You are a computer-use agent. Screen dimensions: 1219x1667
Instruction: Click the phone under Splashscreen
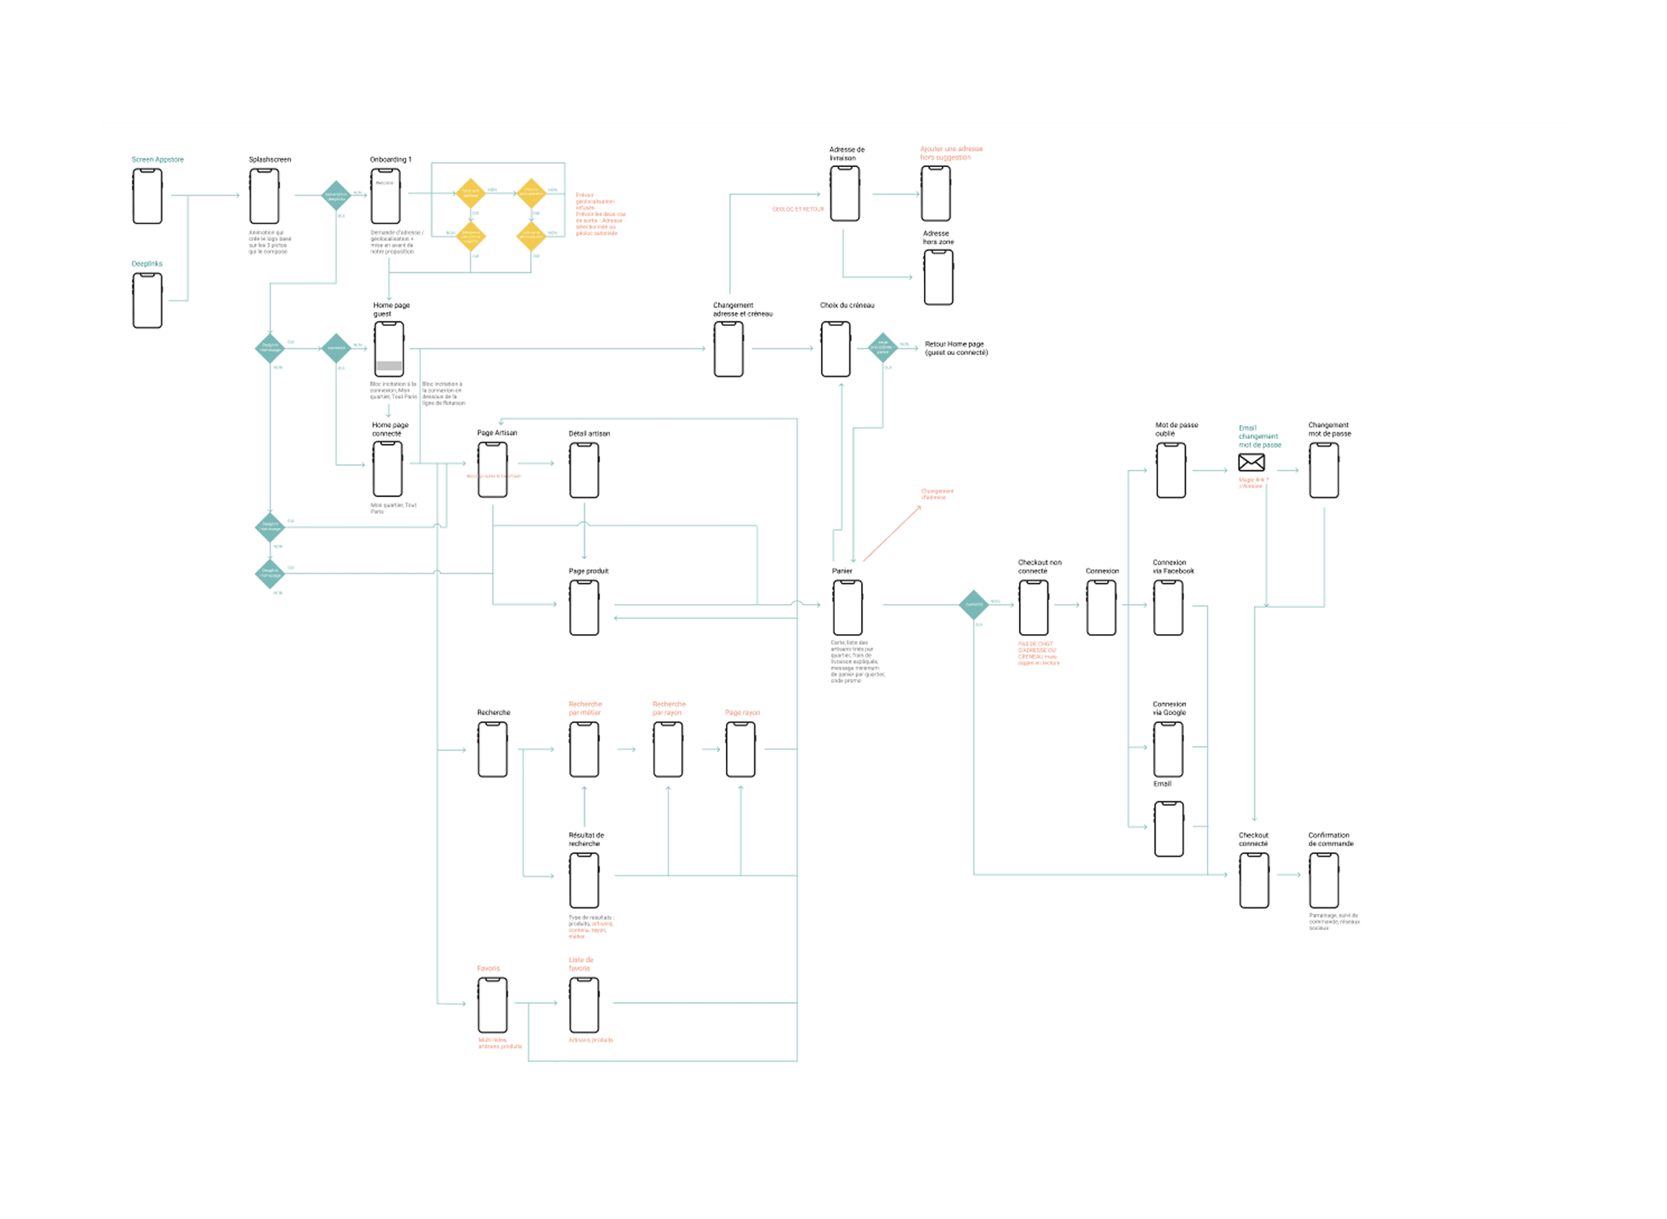pyautogui.click(x=264, y=196)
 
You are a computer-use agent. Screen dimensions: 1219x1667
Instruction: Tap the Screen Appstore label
pyautogui.click(x=157, y=159)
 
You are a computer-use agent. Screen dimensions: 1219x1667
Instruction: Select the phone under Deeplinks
pyautogui.click(x=148, y=300)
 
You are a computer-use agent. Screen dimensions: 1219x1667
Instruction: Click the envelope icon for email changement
pyautogui.click(x=1251, y=463)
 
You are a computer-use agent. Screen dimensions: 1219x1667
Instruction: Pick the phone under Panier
pyautogui.click(x=847, y=607)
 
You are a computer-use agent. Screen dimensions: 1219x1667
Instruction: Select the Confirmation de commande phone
pyautogui.click(x=1324, y=880)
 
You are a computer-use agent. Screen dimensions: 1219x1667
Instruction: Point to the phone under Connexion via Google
pyautogui.click(x=1168, y=749)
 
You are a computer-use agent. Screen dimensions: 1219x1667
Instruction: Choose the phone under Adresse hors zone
pyautogui.click(x=938, y=277)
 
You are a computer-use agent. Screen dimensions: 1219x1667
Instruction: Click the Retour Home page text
pyautogui.click(x=956, y=348)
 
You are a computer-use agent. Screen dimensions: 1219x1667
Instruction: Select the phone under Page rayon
pyautogui.click(x=740, y=749)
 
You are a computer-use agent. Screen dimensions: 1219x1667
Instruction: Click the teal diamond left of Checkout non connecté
pyautogui.click(x=973, y=605)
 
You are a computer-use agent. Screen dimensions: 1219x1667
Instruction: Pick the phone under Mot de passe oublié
pyautogui.click(x=1171, y=470)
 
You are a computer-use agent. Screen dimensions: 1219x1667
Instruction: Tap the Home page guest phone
pyautogui.click(x=389, y=349)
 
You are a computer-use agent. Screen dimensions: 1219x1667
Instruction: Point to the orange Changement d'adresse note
pyautogui.click(x=937, y=494)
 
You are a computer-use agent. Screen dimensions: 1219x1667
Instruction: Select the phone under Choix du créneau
pyautogui.click(x=835, y=349)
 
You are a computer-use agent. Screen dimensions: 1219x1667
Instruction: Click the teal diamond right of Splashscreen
pyautogui.click(x=336, y=195)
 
